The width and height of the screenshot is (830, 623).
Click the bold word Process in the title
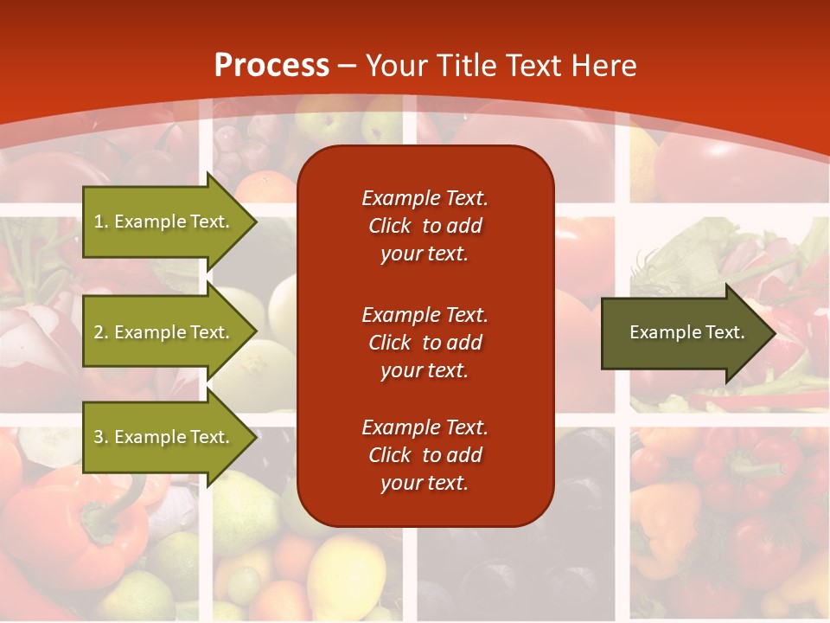pyautogui.click(x=271, y=65)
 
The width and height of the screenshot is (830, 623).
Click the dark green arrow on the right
pyautogui.click(x=683, y=333)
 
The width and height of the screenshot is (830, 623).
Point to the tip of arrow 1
pyautogui.click(x=255, y=222)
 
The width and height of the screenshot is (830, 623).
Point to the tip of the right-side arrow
pyautogui.click(x=775, y=333)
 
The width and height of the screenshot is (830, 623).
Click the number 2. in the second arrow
pyautogui.click(x=101, y=332)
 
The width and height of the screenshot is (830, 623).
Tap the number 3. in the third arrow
pyautogui.click(x=101, y=437)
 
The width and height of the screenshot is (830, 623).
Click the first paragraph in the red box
pyautogui.click(x=425, y=226)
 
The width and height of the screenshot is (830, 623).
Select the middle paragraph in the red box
pyautogui.click(x=425, y=342)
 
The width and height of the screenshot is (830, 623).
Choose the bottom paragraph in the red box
pyautogui.click(x=425, y=455)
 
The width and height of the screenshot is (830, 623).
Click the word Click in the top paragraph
pyautogui.click(x=389, y=226)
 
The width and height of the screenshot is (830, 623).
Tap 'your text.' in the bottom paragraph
pyautogui.click(x=425, y=484)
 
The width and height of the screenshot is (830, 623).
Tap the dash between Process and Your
pyautogui.click(x=348, y=66)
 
